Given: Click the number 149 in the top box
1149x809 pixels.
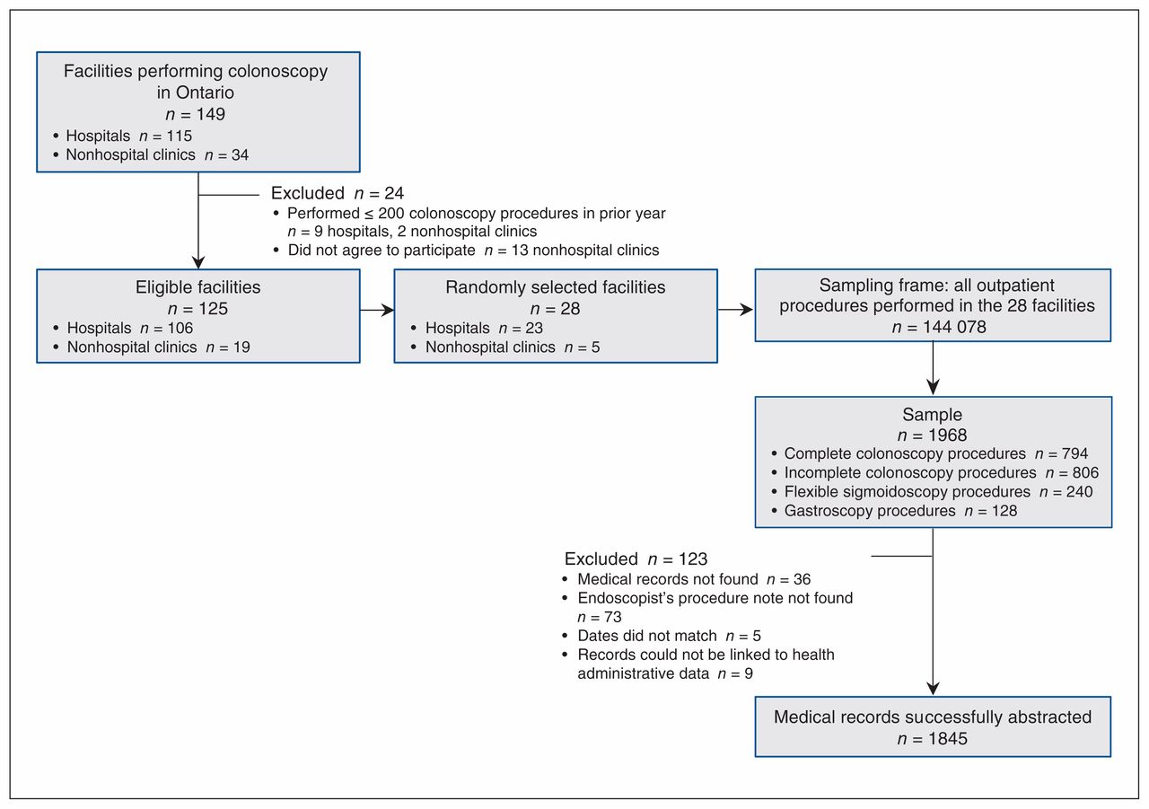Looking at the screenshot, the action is [210, 114].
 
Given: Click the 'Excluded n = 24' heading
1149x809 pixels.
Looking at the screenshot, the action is [338, 193].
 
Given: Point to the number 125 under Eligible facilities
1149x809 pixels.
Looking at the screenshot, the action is [213, 308].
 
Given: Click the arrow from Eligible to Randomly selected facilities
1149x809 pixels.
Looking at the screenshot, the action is [377, 310].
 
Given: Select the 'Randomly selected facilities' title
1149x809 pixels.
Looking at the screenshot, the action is [555, 286].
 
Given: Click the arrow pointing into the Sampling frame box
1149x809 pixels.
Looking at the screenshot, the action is [735, 310].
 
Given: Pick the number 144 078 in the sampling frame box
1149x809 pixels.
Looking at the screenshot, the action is [954, 327].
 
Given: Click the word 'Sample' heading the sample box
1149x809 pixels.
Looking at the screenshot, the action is [932, 415].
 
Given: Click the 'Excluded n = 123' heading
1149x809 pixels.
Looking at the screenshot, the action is [636, 558].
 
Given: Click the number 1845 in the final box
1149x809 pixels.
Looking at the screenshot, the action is [947, 738].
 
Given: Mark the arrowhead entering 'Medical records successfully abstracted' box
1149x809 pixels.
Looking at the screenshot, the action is [933, 689].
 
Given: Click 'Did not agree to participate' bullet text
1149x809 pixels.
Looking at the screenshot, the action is [382, 250].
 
